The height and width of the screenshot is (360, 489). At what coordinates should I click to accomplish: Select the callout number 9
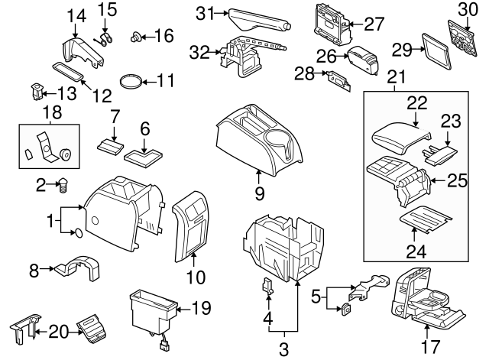(x=259, y=194)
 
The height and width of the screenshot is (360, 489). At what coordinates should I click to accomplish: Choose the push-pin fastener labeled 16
(x=138, y=35)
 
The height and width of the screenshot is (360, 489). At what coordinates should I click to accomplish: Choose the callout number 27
(x=374, y=24)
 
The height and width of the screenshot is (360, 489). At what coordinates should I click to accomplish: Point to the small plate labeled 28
(x=335, y=77)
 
